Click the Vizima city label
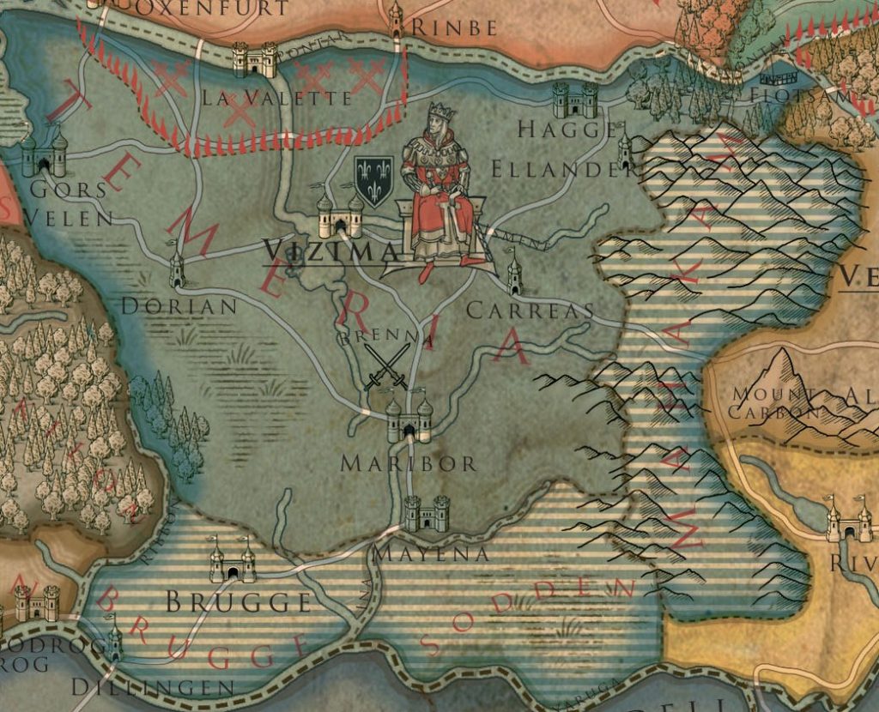click(x=330, y=250)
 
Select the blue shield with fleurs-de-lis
click(x=374, y=181)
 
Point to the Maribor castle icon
click(x=409, y=421)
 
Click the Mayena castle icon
click(x=427, y=513)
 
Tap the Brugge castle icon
click(x=233, y=562)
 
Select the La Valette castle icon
click(x=255, y=60)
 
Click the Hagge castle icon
click(x=575, y=100)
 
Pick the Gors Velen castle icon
click(x=45, y=154)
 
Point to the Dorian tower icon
click(x=177, y=269)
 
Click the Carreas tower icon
click(x=514, y=275)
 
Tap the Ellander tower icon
click(x=625, y=152)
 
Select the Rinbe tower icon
click(x=396, y=19)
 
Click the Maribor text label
click(x=409, y=464)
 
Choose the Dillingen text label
click(x=153, y=687)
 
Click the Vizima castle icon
click(x=340, y=216)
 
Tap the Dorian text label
click(x=179, y=306)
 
